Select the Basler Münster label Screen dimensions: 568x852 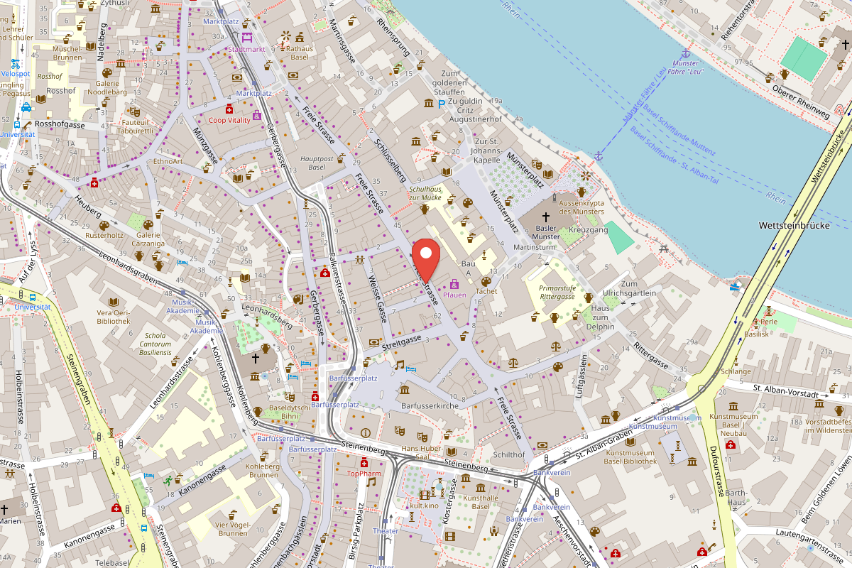coord(546,231)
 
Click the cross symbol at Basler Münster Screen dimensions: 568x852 coord(546,217)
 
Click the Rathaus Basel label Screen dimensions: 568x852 coord(300,52)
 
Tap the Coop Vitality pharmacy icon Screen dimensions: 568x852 coord(229,109)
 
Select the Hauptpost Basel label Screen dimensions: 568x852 coord(312,163)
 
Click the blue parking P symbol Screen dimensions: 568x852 coord(442,104)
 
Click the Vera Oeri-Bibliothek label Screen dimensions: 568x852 coord(114,317)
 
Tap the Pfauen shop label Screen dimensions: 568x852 coord(454,294)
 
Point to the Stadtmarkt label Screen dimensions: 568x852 coord(246,49)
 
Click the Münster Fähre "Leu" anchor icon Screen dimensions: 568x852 coord(686,54)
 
